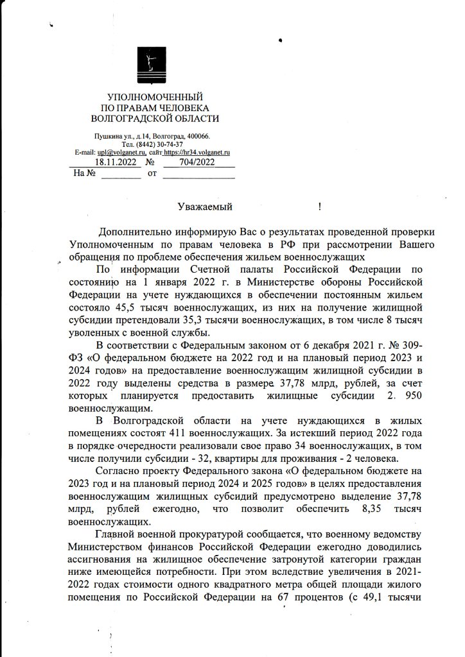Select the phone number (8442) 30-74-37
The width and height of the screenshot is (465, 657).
click(x=162, y=144)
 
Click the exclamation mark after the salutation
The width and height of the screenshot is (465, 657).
click(x=319, y=207)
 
